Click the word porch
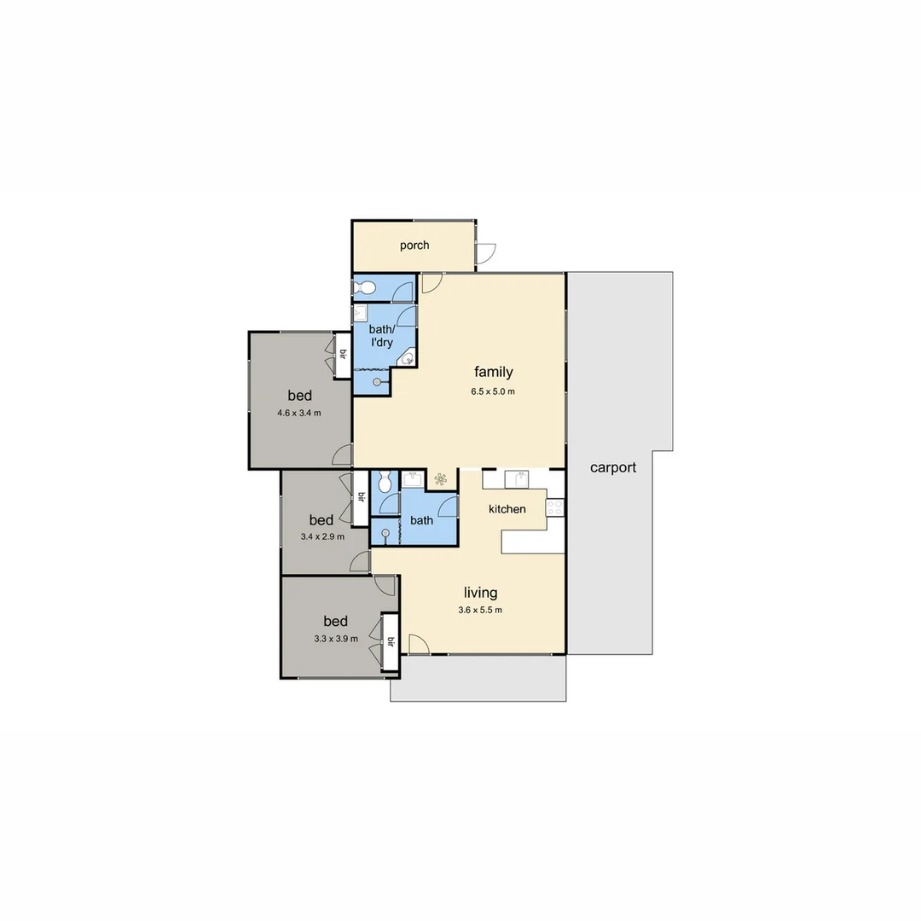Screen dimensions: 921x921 [414, 246]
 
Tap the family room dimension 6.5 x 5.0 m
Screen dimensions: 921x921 [493, 392]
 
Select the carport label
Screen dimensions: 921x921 [613, 467]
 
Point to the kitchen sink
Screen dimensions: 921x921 [518, 478]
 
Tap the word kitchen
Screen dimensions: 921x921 [507, 509]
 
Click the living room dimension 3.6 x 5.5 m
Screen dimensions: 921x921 [480, 610]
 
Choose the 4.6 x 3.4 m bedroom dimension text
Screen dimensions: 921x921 [299, 414]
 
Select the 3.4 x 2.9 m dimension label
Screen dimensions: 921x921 [321, 537]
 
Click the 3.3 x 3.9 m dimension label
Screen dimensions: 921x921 [336, 638]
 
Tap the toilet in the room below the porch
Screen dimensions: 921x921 [365, 287]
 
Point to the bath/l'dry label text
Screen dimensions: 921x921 [381, 335]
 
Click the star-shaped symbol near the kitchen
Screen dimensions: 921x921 [441, 479]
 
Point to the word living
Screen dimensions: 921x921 [480, 593]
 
